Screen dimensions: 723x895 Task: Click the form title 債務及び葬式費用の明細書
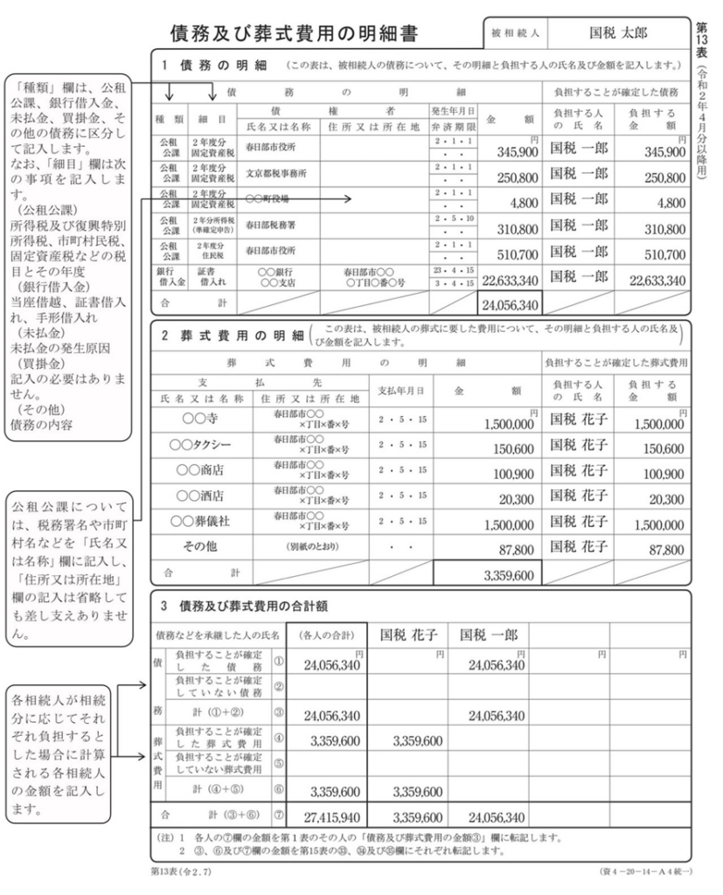(x=293, y=34)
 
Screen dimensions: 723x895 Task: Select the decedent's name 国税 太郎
(x=619, y=34)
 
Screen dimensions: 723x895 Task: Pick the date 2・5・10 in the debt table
(x=452, y=218)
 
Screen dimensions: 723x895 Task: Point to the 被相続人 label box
(x=521, y=35)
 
